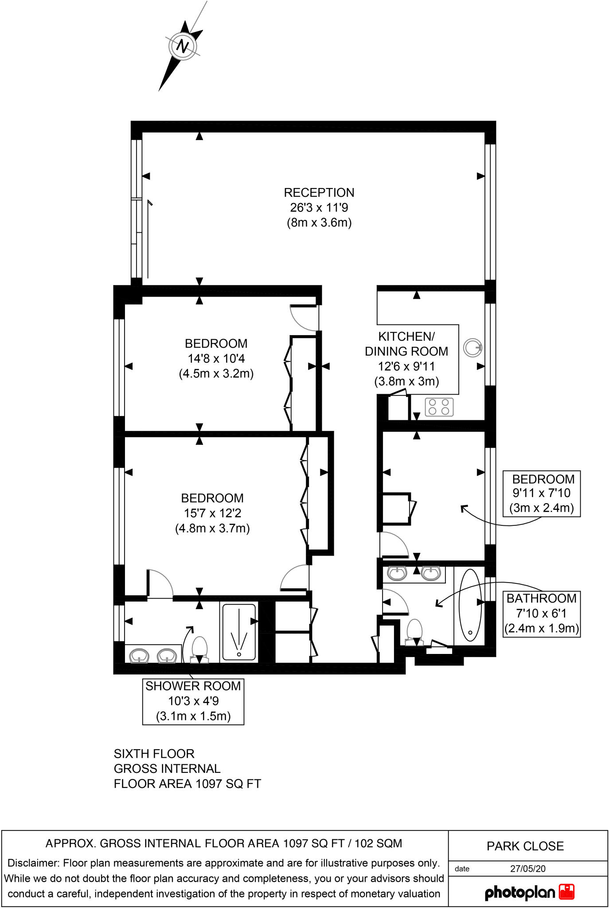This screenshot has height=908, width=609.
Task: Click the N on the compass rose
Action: (183, 46)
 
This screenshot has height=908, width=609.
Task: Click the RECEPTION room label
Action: (319, 193)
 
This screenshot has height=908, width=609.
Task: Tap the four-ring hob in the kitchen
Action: (439, 407)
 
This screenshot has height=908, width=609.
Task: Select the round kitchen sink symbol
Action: (472, 348)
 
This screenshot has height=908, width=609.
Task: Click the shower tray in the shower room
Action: (239, 631)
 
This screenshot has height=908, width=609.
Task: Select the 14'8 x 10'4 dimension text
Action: (216, 358)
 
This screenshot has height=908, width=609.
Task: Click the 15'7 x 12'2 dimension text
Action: (213, 513)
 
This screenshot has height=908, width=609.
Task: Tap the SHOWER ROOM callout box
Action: (193, 701)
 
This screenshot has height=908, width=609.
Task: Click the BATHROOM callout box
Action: (541, 614)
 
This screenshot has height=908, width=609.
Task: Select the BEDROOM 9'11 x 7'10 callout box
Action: (542, 493)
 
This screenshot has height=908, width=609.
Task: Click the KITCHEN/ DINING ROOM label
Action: (406, 344)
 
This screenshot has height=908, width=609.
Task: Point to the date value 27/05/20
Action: (527, 869)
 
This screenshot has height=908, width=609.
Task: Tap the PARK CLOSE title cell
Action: (525, 846)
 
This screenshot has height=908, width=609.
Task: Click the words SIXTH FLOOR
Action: (154, 754)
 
